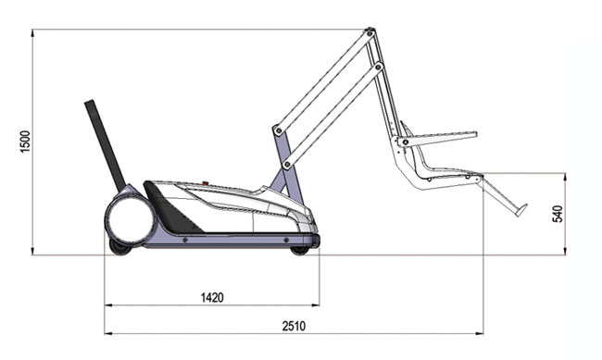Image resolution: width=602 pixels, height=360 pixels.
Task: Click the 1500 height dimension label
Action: tap(25, 142)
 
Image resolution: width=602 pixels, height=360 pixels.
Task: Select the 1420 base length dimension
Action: tap(212, 297)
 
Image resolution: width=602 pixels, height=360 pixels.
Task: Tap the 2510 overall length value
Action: tap(295, 327)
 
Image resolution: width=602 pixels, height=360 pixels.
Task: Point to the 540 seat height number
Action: tap(558, 214)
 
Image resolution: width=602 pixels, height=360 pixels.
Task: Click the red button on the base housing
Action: tap(206, 184)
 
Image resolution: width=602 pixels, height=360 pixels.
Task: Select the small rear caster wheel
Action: tap(119, 247)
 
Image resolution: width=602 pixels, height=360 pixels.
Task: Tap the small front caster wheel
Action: tap(300, 251)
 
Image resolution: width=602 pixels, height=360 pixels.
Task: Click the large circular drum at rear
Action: tap(130, 220)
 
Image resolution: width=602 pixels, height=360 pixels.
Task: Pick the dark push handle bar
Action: tap(105, 145)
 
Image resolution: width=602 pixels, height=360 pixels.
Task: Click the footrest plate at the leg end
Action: tap(521, 210)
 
